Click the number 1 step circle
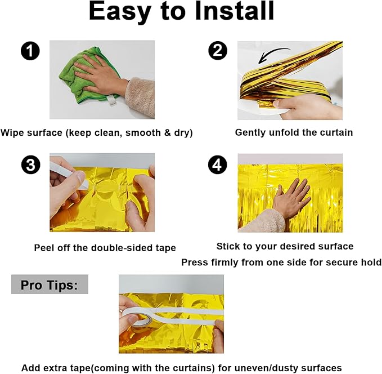pos(30,51)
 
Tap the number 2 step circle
pos(218,51)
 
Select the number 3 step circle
pos(31,164)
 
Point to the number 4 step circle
pos(218,164)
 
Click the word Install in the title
pos(235,11)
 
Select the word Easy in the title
pos(119,12)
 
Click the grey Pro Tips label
pos(50,284)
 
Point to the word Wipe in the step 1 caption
pos(12,133)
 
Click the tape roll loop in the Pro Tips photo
pos(140,317)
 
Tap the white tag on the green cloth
pos(113,100)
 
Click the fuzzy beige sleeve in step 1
pos(141,97)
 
